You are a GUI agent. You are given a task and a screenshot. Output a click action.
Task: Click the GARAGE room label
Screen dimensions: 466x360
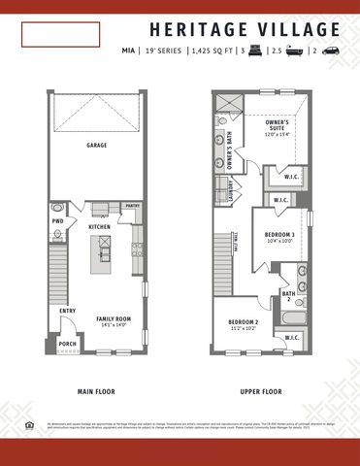point(97,145)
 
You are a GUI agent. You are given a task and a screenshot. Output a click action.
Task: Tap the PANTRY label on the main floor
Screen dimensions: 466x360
point(133,206)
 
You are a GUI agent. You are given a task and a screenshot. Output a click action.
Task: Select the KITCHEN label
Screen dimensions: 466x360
point(100,227)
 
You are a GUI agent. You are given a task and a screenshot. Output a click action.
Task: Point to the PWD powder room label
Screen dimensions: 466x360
point(58,221)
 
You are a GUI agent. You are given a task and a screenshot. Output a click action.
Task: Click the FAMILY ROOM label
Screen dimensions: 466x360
point(112,318)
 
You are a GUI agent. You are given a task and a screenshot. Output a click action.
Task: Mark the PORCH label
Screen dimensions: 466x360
point(67,343)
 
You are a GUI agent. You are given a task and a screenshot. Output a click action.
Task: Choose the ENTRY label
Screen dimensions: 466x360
point(67,311)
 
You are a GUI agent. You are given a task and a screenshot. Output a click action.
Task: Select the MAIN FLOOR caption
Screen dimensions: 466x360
point(98,392)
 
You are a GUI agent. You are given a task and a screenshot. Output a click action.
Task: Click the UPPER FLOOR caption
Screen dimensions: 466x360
point(260,392)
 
